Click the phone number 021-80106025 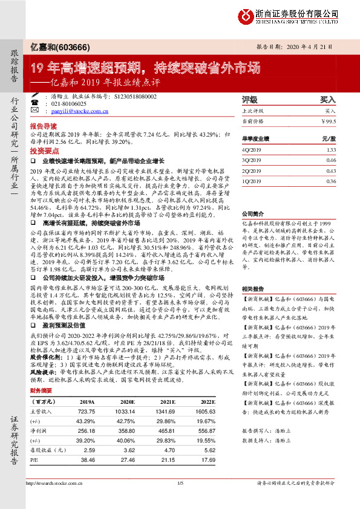coord(69,104)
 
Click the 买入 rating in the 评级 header coord(327,99)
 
